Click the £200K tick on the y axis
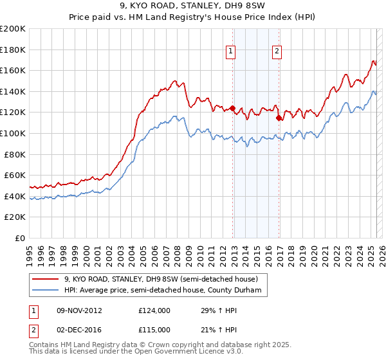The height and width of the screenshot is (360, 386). click(x=13, y=29)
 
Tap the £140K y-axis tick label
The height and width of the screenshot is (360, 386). click(x=13, y=91)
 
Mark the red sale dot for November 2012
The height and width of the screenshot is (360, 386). click(x=233, y=108)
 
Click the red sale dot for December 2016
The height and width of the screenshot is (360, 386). click(x=279, y=118)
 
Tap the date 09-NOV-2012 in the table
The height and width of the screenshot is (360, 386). click(x=80, y=310)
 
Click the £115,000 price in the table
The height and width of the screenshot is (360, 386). click(x=154, y=330)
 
